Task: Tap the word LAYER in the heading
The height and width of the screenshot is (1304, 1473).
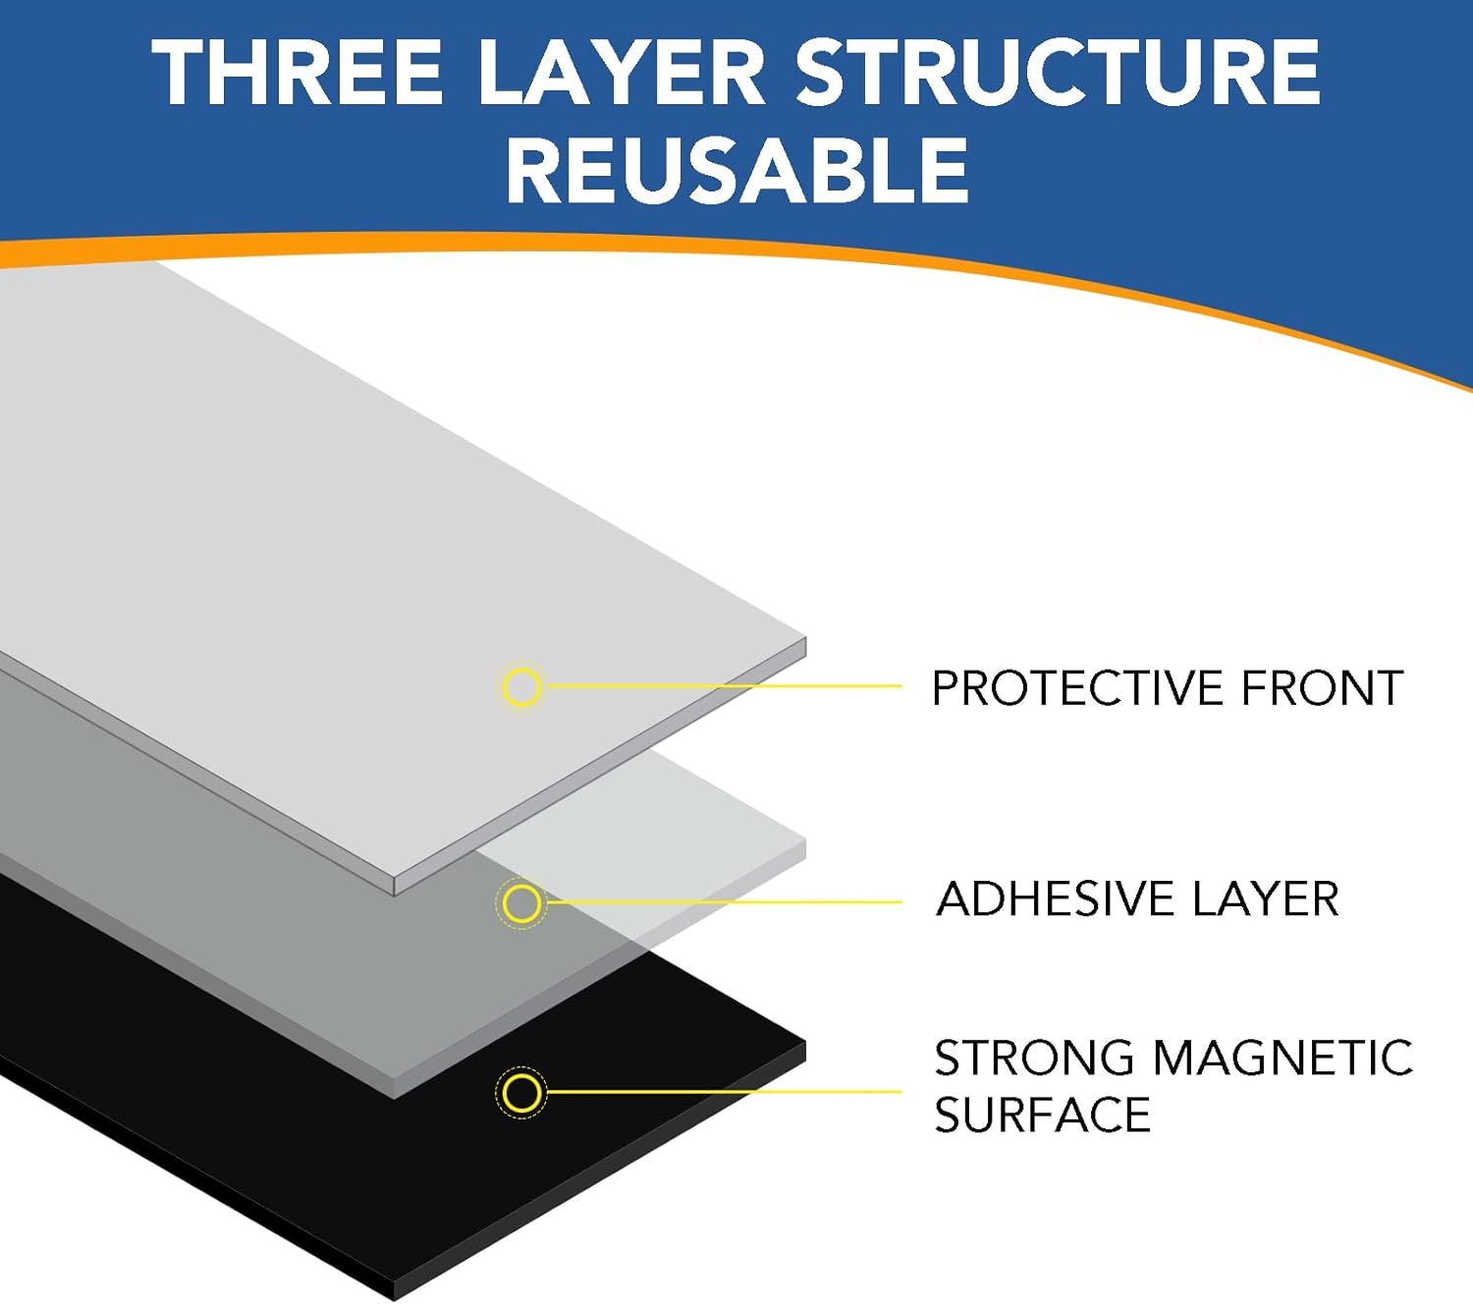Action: coord(621,73)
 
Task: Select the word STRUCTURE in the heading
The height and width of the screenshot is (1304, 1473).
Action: coord(1058,73)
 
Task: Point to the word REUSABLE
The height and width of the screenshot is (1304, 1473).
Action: coord(737,170)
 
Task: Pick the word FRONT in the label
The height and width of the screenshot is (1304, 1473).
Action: coord(1321,687)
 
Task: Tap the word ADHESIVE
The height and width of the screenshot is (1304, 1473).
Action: coord(1055,898)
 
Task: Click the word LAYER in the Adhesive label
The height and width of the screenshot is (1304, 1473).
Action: coord(1265,898)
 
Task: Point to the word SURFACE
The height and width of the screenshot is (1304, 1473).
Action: coord(1043,1115)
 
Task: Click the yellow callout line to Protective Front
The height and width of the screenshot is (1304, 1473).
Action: coord(724,685)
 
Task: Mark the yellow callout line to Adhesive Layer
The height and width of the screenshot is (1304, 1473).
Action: coord(724,902)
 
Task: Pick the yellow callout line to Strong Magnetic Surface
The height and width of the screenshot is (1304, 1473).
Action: coord(724,1091)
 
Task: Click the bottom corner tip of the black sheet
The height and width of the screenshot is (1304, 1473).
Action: coord(394,1300)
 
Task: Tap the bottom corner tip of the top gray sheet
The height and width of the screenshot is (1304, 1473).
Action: coord(394,895)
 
